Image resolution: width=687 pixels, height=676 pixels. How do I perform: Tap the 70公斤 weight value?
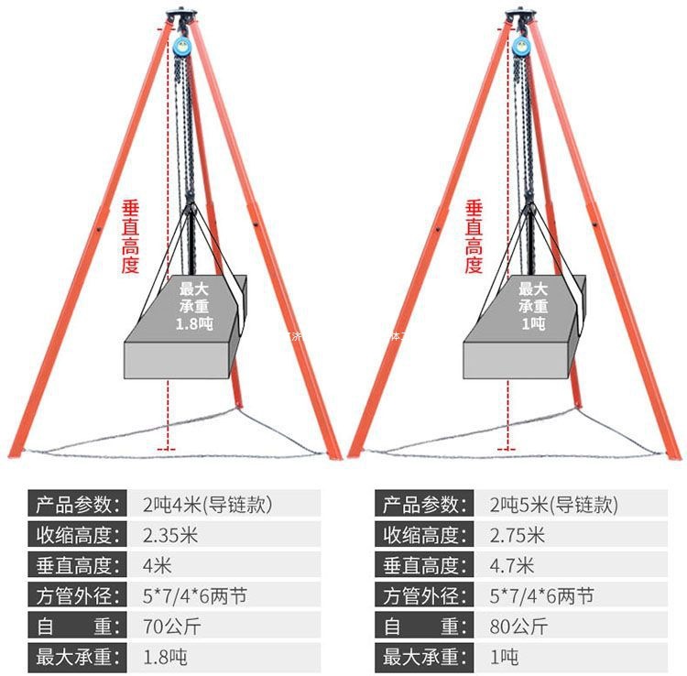pos(165,627)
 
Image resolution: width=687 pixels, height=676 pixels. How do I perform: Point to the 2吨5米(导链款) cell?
pos(553,504)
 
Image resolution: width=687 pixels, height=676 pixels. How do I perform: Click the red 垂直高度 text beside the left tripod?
pos(131,236)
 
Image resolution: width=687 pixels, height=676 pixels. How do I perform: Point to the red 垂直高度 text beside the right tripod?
pos(474,236)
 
